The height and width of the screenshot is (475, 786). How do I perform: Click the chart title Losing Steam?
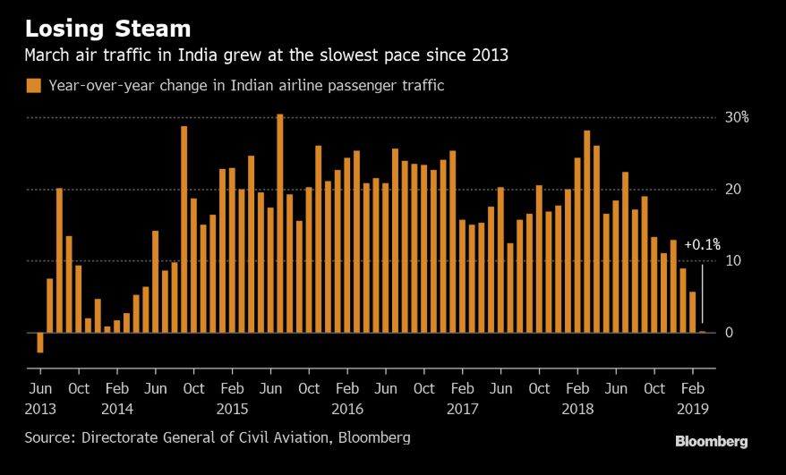[107, 28]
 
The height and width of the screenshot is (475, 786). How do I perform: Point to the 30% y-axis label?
[737, 117]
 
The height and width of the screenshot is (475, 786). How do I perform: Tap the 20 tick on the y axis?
[734, 189]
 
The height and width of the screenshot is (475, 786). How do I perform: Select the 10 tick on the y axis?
[734, 260]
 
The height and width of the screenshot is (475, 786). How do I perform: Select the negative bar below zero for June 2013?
[39, 343]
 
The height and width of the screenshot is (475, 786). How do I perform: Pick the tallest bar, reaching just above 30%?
[280, 224]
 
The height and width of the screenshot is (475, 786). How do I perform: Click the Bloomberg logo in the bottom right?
[711, 442]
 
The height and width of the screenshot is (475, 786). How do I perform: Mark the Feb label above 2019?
[692, 389]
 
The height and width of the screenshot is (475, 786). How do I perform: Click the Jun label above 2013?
[40, 389]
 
